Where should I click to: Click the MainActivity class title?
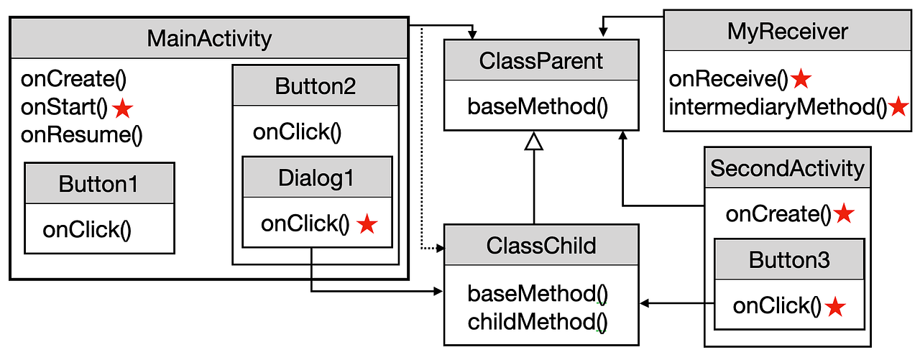tap(209, 38)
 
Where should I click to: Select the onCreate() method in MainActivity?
tap(74, 79)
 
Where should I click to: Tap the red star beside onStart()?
tap(123, 109)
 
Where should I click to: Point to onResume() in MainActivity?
tap(81, 134)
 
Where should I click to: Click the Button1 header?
tap(98, 184)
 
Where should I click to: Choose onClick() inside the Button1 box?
tap(87, 230)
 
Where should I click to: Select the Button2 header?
tap(315, 87)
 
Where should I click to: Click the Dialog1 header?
tap(316, 177)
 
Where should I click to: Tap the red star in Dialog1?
tap(367, 224)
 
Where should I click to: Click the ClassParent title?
tap(540, 60)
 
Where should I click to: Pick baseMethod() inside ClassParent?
tap(538, 107)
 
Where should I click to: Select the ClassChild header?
tap(540, 245)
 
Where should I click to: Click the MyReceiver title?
tap(788, 32)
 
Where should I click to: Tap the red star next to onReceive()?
tap(801, 78)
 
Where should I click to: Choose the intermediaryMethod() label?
tap(777, 107)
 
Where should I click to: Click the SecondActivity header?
tap(787, 168)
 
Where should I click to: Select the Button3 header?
tap(788, 259)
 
